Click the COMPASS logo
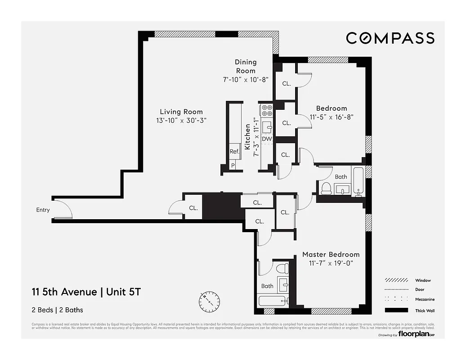(390, 38)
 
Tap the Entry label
(43, 210)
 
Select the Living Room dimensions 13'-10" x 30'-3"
(181, 121)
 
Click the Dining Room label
(246, 66)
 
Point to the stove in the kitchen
(267, 110)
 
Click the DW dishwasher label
(267, 139)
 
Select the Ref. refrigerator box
(234, 152)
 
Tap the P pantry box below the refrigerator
(233, 165)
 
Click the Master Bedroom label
(331, 254)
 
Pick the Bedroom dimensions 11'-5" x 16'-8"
(332, 117)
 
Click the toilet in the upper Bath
(326, 188)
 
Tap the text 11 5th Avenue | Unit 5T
(86, 292)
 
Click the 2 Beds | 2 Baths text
(58, 310)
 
